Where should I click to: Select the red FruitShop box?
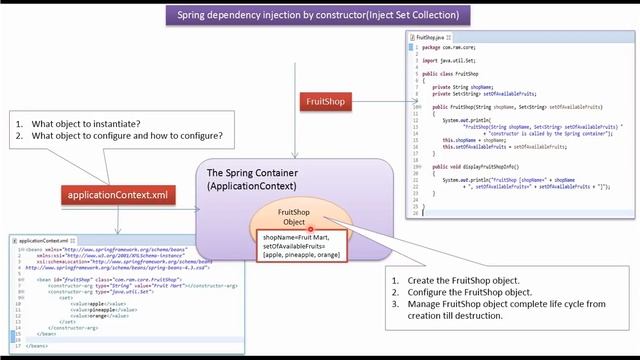coord(326,101)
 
